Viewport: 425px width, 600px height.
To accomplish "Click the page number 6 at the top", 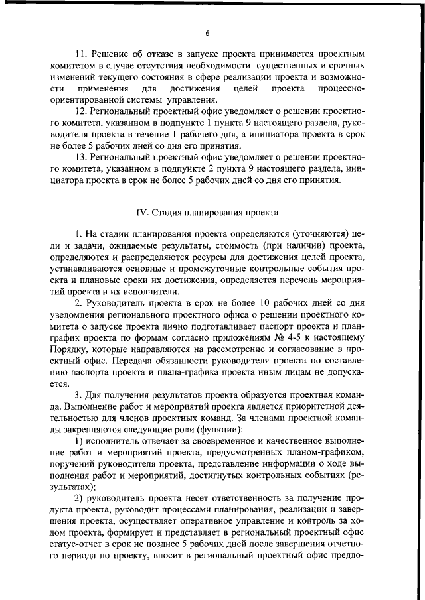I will (207, 34).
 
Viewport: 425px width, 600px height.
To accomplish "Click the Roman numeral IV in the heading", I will (139, 212).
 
